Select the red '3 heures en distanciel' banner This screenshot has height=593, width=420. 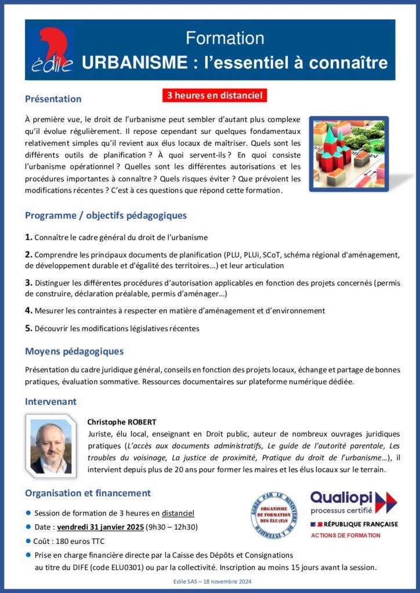pyautogui.click(x=215, y=95)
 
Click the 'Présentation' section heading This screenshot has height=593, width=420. pyautogui.click(x=53, y=99)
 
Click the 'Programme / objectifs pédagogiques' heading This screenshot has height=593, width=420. pyautogui.click(x=106, y=215)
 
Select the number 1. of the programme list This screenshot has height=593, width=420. pyautogui.click(x=28, y=237)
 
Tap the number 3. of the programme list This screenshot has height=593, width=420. pyautogui.click(x=28, y=283)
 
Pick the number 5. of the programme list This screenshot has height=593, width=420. pyautogui.click(x=28, y=328)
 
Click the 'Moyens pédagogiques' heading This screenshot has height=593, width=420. pyautogui.click(x=74, y=351)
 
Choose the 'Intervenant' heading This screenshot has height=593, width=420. pyautogui.click(x=50, y=401)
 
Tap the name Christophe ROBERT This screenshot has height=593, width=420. pyautogui.click(x=121, y=422)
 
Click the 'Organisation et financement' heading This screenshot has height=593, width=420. pyautogui.click(x=88, y=493)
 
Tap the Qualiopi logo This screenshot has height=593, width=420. pyautogui.click(x=353, y=502)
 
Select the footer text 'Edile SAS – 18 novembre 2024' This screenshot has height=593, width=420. pyautogui.click(x=209, y=581)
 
